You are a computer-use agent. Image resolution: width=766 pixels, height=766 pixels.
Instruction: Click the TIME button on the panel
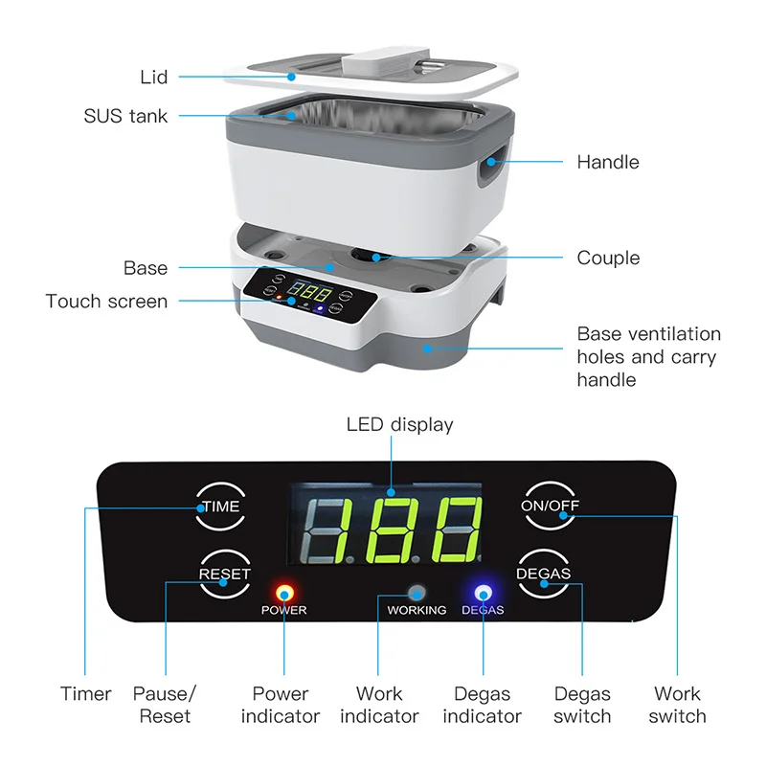(x=221, y=507)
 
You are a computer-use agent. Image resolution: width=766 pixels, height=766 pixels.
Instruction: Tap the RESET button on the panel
(x=224, y=574)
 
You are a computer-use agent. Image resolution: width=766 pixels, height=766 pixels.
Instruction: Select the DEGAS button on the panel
(x=543, y=574)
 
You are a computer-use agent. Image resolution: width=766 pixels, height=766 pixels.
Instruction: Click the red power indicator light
(x=283, y=591)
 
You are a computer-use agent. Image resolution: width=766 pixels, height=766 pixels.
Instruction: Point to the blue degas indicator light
(x=483, y=592)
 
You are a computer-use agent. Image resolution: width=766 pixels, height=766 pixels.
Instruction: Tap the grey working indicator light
(x=417, y=592)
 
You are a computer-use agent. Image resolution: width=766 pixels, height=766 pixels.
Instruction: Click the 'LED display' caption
(x=399, y=424)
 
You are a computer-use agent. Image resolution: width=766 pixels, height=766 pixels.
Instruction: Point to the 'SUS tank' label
(x=125, y=117)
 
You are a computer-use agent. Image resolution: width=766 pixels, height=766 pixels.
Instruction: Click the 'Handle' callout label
(x=607, y=162)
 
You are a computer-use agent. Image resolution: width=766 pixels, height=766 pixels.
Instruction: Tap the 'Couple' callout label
(x=608, y=258)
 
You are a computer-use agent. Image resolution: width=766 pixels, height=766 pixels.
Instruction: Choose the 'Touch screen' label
(x=106, y=302)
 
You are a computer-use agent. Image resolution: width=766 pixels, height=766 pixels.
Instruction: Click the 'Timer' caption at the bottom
(x=86, y=694)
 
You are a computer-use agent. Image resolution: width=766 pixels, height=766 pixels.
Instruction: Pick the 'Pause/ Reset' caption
(x=164, y=704)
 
